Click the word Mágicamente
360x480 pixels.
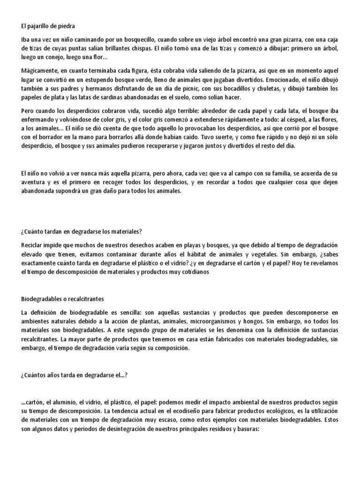(41, 71)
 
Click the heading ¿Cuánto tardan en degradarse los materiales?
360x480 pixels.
(82, 232)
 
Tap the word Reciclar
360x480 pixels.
(33, 245)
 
